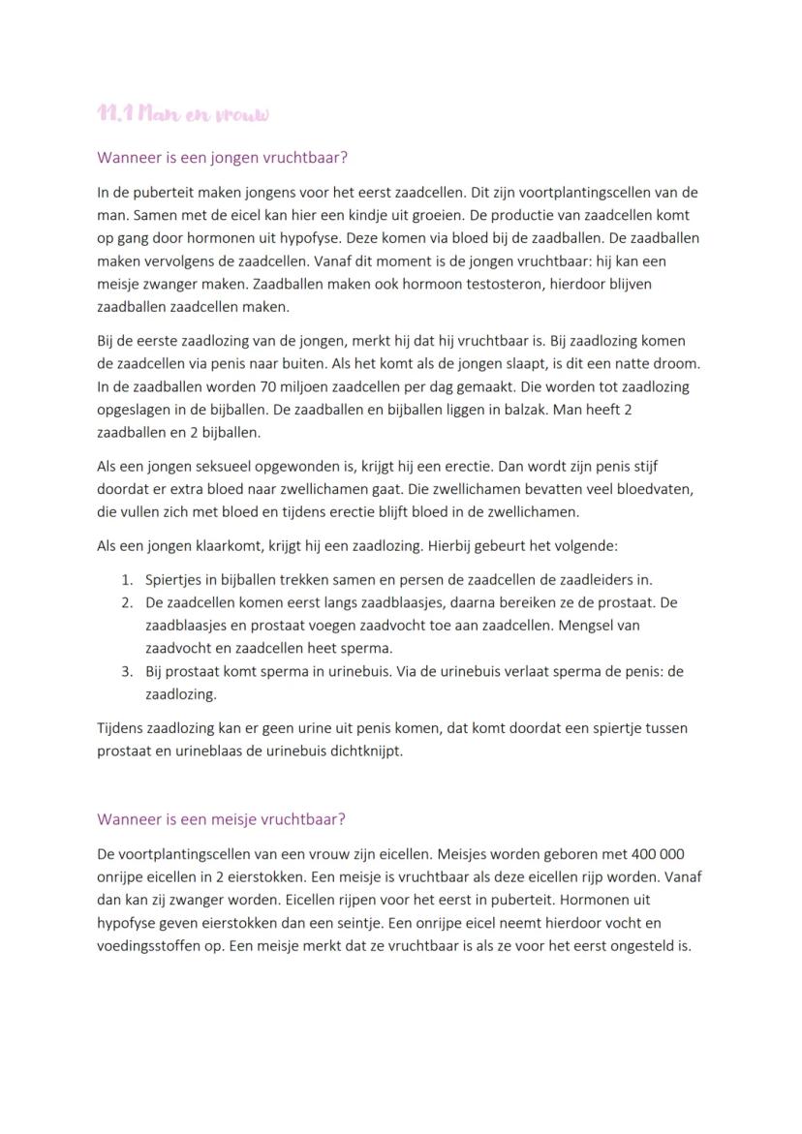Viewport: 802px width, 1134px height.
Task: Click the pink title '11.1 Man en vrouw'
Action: click(183, 114)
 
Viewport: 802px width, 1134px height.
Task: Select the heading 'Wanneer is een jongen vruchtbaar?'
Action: click(222, 157)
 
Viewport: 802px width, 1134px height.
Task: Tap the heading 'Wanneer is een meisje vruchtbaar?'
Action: click(221, 818)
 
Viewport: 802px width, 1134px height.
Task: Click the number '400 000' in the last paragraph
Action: click(658, 854)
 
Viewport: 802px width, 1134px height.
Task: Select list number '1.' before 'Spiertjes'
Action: click(127, 580)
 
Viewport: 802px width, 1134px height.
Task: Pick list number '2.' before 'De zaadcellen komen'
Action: click(127, 602)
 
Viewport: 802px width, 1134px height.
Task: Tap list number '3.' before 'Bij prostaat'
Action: click(127, 671)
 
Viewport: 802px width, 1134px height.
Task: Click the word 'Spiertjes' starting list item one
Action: click(173, 580)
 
